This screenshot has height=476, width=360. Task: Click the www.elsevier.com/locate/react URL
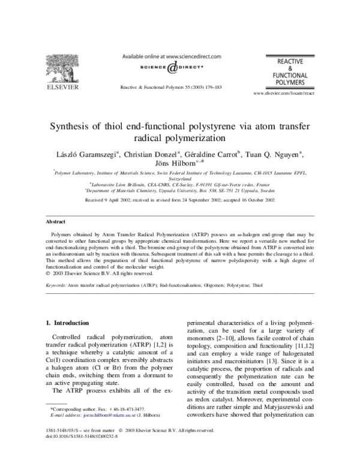tap(284, 94)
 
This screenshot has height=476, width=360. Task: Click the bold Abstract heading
tap(57, 204)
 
